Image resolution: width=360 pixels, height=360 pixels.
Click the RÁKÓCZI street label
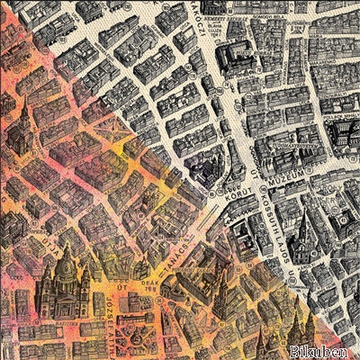pyautogui.click(x=186, y=27)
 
